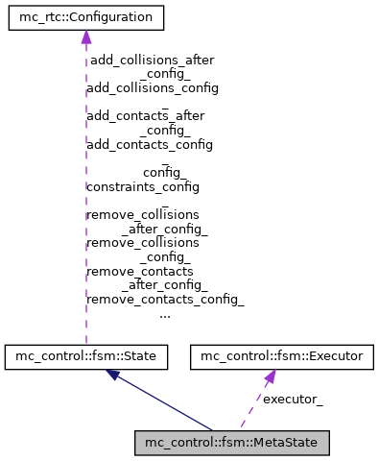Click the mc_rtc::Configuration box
click(x=85, y=17)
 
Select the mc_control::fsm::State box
click(x=86, y=357)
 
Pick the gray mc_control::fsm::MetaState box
click(x=232, y=443)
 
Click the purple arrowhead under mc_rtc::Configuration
click(x=85, y=37)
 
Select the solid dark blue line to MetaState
click(x=163, y=403)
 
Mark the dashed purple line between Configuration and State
click(x=85, y=192)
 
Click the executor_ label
click(x=293, y=400)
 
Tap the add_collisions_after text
click(x=152, y=60)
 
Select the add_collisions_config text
click(x=153, y=87)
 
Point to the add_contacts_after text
click(x=146, y=115)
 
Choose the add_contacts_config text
click(x=150, y=144)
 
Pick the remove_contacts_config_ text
click(x=165, y=299)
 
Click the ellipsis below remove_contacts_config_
click(x=165, y=314)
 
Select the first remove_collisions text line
click(x=143, y=214)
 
